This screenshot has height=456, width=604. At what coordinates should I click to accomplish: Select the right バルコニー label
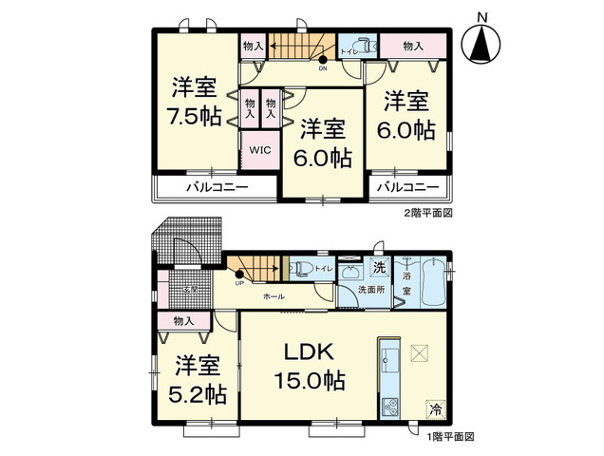407,187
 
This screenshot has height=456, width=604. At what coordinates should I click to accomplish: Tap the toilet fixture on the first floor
302,267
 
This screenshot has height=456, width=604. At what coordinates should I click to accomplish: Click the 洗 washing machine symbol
379,266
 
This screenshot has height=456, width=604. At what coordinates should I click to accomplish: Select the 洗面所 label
371,288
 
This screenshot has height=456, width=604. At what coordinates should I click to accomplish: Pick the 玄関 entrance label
190,288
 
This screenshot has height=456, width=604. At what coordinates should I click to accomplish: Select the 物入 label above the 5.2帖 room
184,323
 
